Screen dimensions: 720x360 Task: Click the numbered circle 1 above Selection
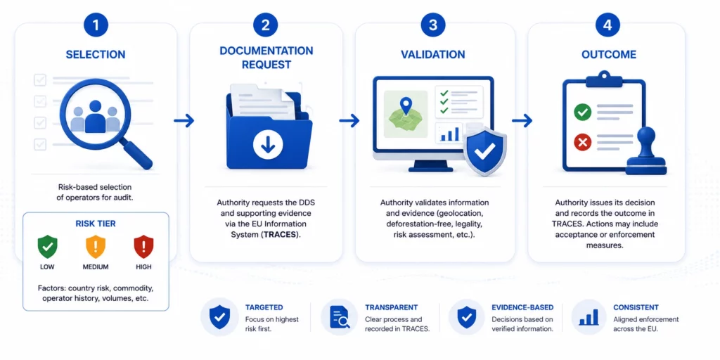pyautogui.click(x=96, y=25)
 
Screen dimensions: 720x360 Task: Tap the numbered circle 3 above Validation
pyautogui.click(x=432, y=25)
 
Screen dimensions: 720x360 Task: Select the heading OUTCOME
pyautogui.click(x=609, y=55)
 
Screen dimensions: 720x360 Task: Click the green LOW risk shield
pyautogui.click(x=48, y=247)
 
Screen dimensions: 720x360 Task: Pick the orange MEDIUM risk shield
pyautogui.click(x=96, y=247)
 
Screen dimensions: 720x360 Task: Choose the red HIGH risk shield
pyautogui.click(x=143, y=247)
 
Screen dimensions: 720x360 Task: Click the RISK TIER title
pyautogui.click(x=96, y=224)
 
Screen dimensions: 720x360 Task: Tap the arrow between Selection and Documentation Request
pyautogui.click(x=184, y=121)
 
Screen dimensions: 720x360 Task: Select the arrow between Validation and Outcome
pyautogui.click(x=522, y=121)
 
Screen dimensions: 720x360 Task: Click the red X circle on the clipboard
pyautogui.click(x=583, y=143)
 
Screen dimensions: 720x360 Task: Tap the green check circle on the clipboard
pyautogui.click(x=583, y=112)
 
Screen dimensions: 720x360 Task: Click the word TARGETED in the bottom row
pyautogui.click(x=264, y=307)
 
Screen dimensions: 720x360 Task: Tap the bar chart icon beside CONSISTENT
pyautogui.click(x=589, y=317)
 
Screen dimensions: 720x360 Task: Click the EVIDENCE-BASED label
pyautogui.click(x=522, y=307)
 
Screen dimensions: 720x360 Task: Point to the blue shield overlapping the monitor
pyautogui.click(x=485, y=152)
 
